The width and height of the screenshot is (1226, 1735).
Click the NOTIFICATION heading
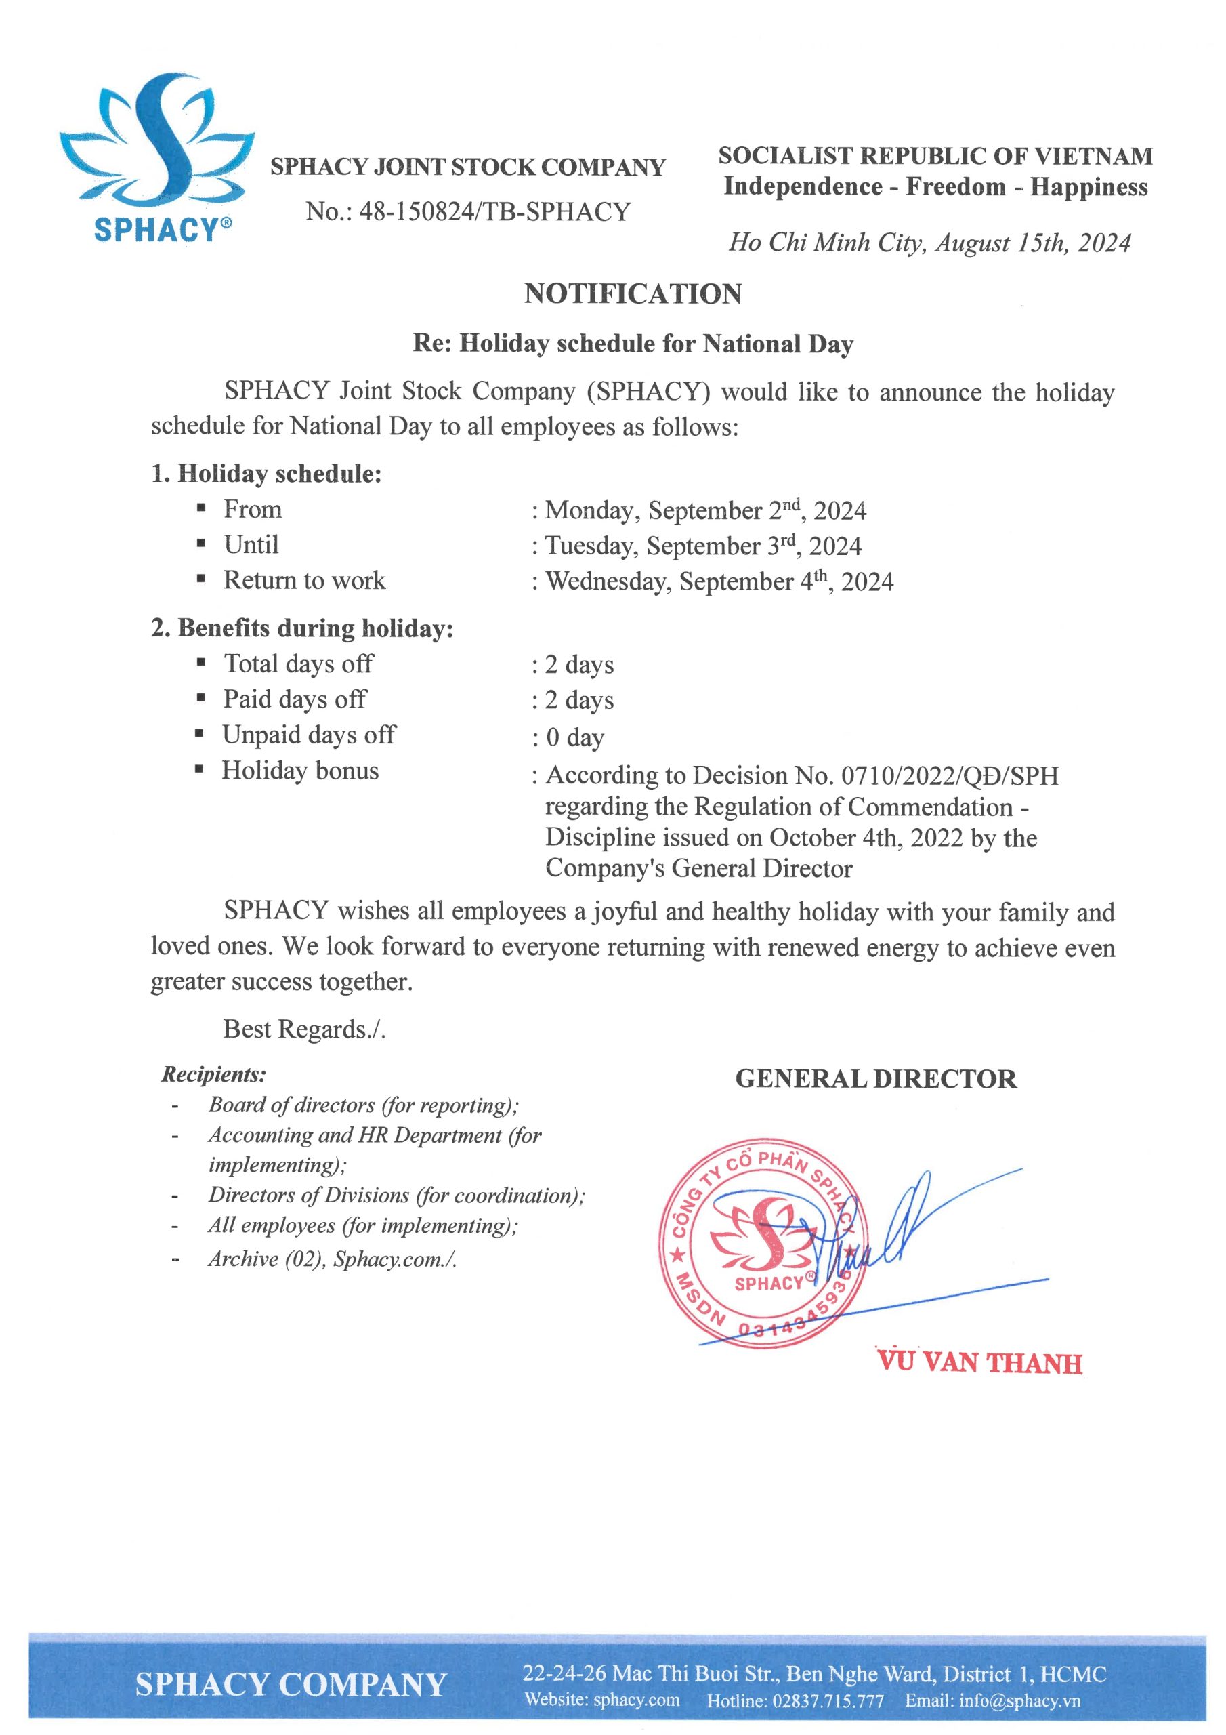pos(633,294)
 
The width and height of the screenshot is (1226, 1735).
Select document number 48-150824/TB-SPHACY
pos(494,211)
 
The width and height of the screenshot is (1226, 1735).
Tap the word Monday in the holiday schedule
pos(592,511)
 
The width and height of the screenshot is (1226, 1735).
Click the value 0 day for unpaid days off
pos(575,737)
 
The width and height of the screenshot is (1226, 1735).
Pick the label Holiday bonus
pos(300,771)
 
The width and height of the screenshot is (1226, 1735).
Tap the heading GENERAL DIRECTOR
pos(876,1079)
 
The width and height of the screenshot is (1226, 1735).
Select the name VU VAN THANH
pos(979,1363)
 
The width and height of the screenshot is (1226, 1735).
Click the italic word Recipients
pos(214,1075)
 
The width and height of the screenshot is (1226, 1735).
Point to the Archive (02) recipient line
pos(333,1259)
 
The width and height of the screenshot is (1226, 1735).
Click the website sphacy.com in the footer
pos(636,1700)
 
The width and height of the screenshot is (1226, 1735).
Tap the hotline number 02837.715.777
pos(828,1701)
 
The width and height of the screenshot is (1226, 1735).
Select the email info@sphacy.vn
pos(1020,1701)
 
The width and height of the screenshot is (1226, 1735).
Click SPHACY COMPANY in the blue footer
pos(291,1685)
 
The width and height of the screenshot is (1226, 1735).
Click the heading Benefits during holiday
pos(315,629)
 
